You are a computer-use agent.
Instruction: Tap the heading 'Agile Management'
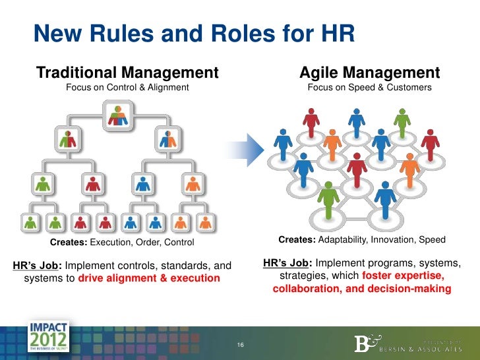coord(369,72)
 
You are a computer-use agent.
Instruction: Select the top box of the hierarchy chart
coord(119,117)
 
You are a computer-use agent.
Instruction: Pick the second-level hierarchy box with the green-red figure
coord(68,140)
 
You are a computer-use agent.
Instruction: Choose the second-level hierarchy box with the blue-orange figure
coord(168,140)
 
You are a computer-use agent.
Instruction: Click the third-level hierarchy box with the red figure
coord(91,184)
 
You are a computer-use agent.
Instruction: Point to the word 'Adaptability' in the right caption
coord(345,239)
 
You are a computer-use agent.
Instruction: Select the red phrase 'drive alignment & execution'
coord(149,278)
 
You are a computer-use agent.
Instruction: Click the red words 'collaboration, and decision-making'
coord(361,289)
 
